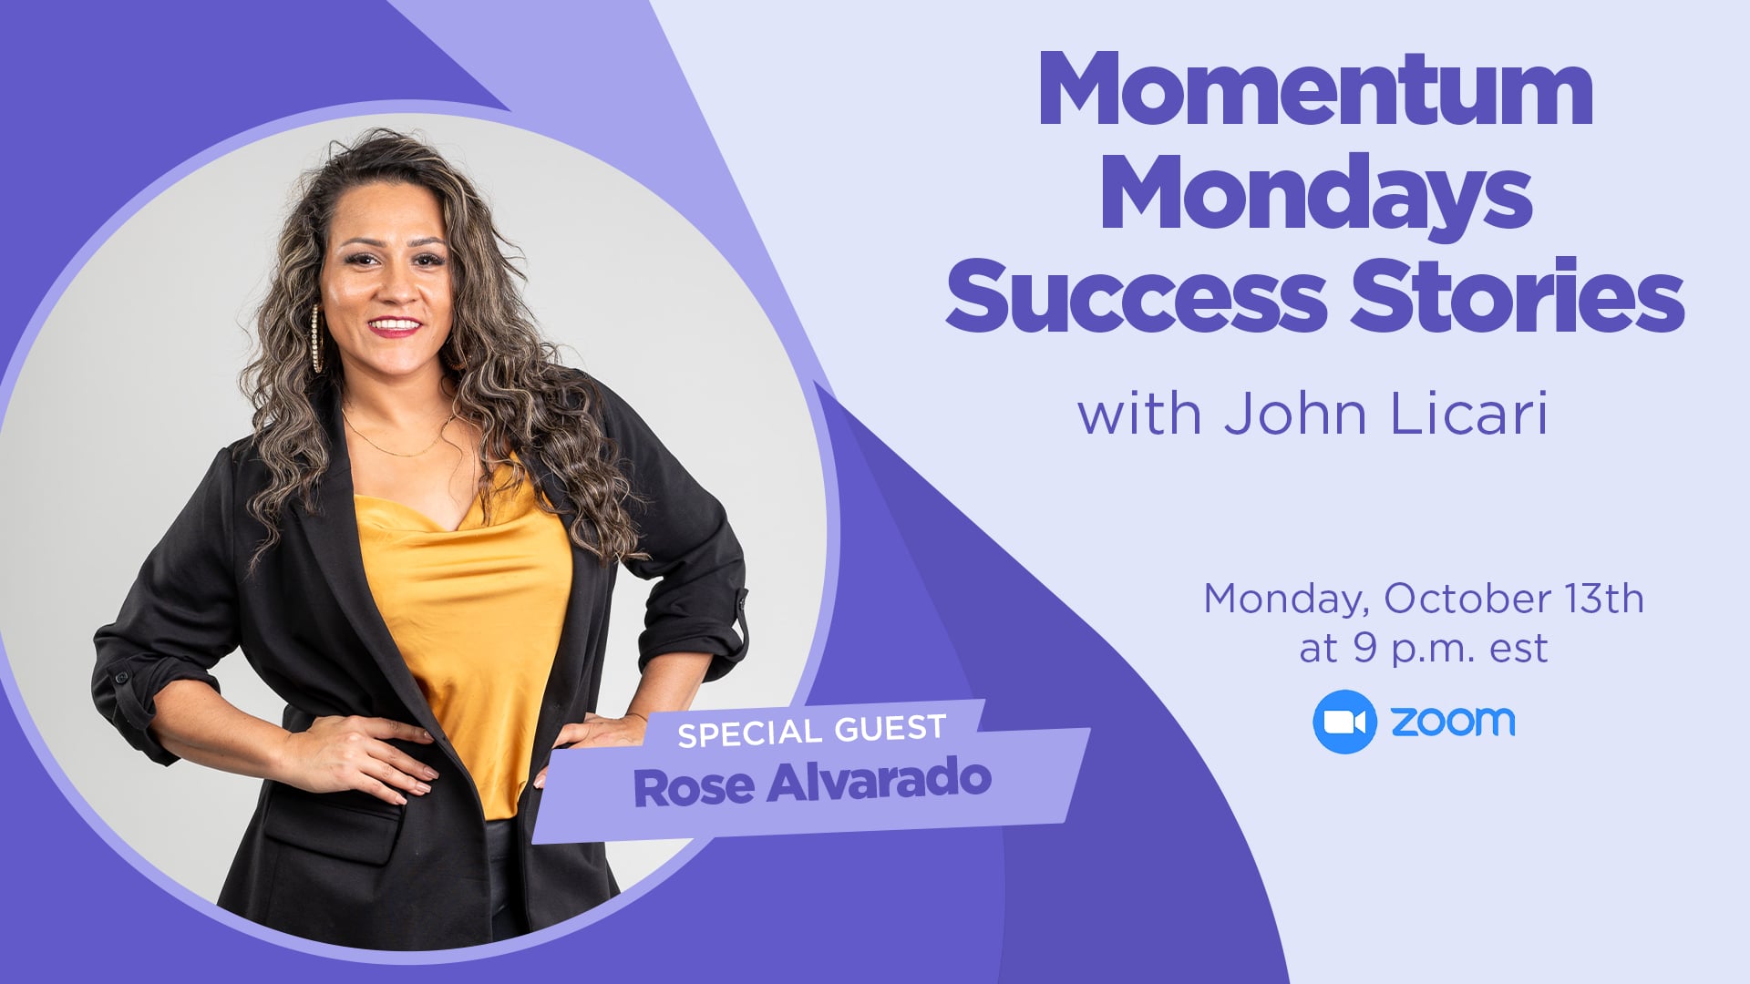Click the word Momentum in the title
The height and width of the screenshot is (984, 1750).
point(1315,89)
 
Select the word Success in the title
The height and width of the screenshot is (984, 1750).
point(1136,295)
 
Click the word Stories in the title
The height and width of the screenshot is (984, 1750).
point(1517,293)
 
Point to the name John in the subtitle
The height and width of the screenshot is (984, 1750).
point(1295,415)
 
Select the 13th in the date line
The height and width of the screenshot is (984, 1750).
point(1605,600)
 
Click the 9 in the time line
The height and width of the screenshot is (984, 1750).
point(1364,648)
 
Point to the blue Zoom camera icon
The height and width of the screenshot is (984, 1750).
point(1344,722)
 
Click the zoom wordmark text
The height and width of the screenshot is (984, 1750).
point(1453,722)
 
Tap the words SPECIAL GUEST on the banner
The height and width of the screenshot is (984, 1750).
point(812,732)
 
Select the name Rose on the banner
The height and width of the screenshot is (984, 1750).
point(694,788)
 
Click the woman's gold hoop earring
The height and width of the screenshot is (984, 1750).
point(316,338)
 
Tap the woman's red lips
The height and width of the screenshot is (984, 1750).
point(395,326)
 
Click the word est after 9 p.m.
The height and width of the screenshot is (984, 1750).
point(1518,650)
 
